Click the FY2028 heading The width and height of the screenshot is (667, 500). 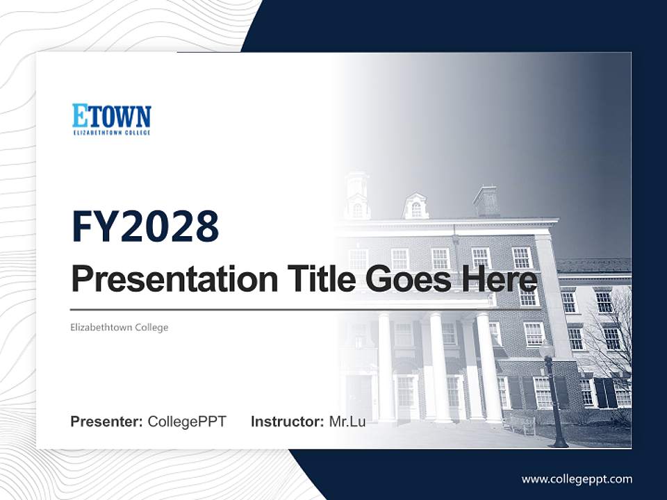(145, 226)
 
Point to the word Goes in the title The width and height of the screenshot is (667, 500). (403, 279)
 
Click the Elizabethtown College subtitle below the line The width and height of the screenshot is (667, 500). (120, 327)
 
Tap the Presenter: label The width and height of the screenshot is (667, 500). (107, 422)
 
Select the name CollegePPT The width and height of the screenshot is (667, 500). (187, 422)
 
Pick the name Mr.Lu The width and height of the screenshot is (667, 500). (347, 422)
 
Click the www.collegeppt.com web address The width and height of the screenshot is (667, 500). (577, 478)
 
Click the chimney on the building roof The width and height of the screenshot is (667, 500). (486, 201)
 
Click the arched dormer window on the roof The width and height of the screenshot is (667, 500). (415, 206)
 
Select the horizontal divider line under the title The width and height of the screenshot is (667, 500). (278, 310)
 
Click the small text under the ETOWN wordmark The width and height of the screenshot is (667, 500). (111, 131)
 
